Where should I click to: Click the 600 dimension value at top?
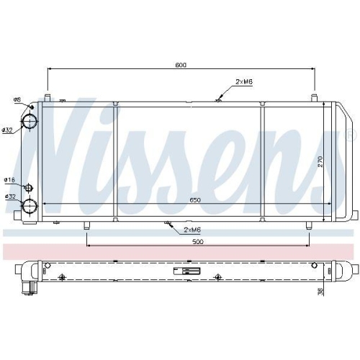(181, 65)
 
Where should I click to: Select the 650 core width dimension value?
(195, 200)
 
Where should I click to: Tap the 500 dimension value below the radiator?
(198, 242)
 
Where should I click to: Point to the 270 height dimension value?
(320, 161)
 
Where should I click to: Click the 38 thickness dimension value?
(320, 292)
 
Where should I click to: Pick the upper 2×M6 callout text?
(244, 82)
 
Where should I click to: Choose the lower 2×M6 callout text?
(192, 230)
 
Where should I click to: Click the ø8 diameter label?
(17, 99)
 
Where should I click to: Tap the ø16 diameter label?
(9, 180)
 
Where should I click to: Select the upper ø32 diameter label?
(7, 130)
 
